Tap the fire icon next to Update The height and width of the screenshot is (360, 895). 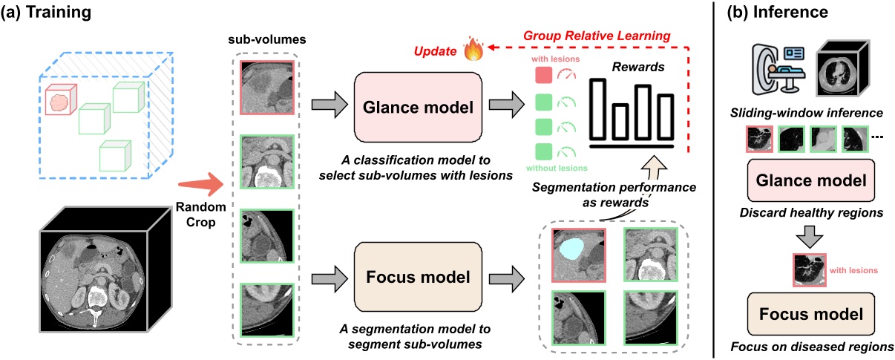[x=472, y=51]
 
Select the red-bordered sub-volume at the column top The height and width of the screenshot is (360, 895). [x=266, y=87]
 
